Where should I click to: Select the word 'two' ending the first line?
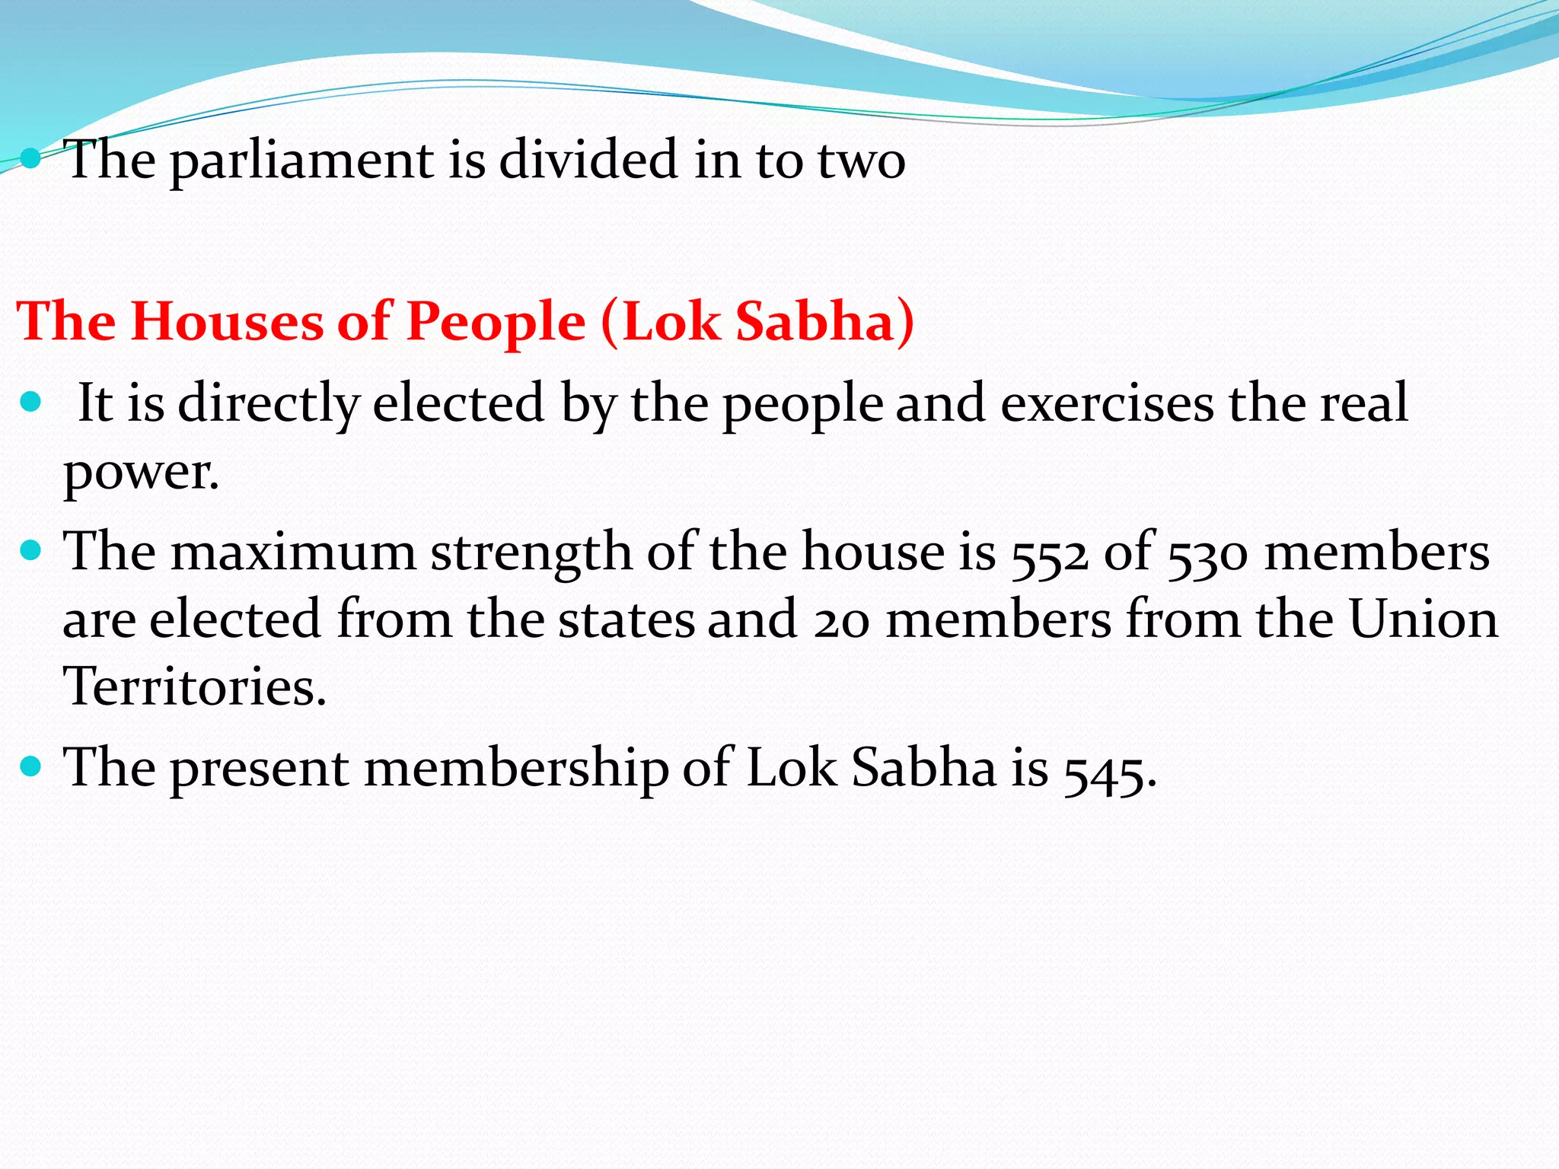(x=861, y=161)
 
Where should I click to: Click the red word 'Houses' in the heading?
(x=228, y=321)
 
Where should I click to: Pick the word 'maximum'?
(x=293, y=552)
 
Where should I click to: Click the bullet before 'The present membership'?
(x=31, y=766)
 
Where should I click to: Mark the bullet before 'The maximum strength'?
(x=31, y=549)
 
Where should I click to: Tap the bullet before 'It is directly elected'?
(x=31, y=401)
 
